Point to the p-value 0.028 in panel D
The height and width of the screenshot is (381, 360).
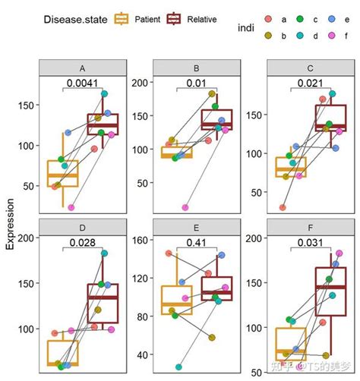[83, 242]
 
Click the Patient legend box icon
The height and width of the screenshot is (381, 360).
[122, 17]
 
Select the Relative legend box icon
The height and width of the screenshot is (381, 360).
[176, 17]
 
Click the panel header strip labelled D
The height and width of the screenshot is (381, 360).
[83, 225]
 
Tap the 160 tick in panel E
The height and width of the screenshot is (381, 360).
[141, 241]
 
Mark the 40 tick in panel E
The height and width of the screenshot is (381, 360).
[144, 354]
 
